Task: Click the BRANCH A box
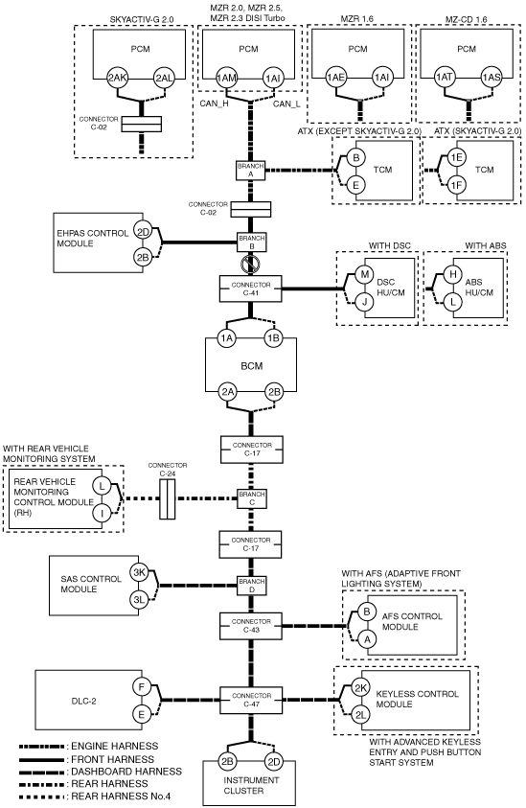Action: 251,171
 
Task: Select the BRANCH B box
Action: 251,242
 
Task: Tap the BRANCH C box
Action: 251,498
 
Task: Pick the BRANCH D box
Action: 251,586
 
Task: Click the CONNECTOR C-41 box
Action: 251,289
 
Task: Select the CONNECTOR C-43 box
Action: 251,626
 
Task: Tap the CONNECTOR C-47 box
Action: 251,700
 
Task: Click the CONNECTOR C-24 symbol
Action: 168,498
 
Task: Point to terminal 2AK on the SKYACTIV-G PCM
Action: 118,79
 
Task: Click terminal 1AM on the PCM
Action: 226,79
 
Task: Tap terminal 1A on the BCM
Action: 227,338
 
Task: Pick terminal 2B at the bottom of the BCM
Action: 275,392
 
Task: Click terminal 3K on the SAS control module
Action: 139,572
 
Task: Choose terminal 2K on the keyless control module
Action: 361,687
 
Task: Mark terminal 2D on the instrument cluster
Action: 274,762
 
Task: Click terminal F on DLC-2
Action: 142,687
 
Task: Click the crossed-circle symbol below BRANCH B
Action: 250,265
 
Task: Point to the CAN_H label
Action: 215,104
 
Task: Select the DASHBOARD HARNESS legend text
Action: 126,772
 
